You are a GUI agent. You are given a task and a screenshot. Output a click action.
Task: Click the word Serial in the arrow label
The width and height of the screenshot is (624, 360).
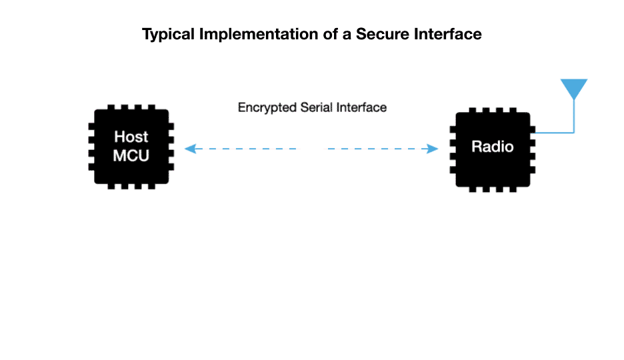click(x=313, y=107)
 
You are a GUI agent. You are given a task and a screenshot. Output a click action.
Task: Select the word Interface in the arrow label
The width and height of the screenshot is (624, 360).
click(x=360, y=107)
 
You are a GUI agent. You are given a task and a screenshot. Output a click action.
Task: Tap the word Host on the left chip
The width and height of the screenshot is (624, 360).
click(x=131, y=137)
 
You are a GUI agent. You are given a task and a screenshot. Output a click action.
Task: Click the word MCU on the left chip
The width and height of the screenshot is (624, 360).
click(x=131, y=156)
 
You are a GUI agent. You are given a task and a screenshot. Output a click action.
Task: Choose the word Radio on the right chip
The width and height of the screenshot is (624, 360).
click(x=493, y=147)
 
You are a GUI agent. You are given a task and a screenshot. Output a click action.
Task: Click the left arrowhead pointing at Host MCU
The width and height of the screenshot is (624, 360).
click(x=189, y=149)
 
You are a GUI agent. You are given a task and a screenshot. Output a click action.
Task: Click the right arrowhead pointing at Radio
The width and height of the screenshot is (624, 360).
click(x=433, y=149)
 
